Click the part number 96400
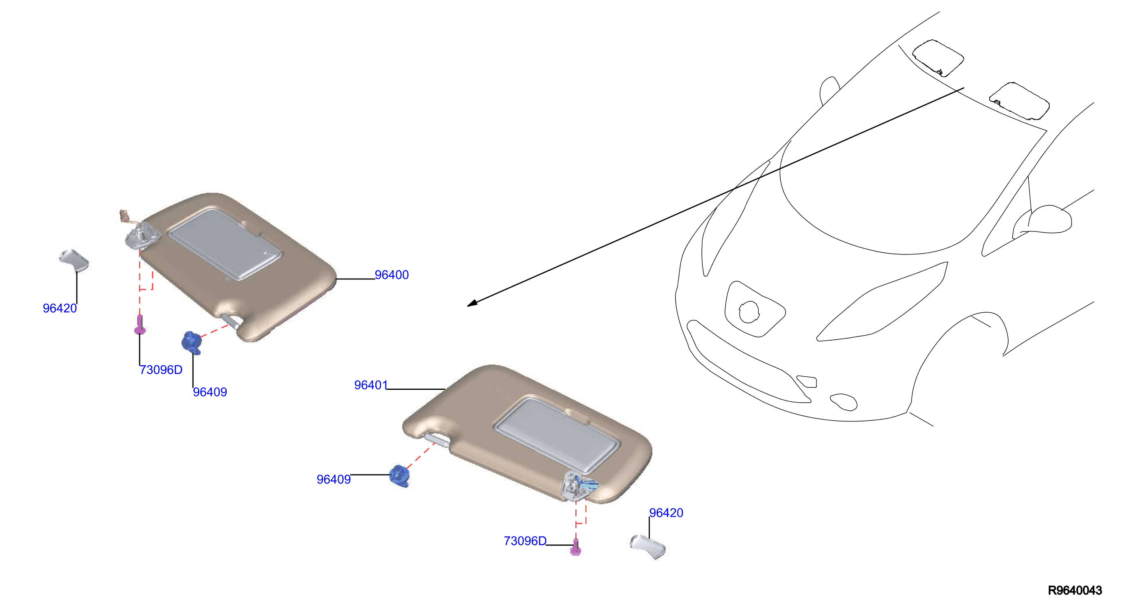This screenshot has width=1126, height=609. (392, 275)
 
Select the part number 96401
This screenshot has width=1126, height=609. (371, 385)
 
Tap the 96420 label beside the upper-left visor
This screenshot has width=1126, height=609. (60, 308)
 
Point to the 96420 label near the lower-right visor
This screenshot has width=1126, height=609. (666, 513)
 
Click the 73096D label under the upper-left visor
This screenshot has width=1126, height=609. (161, 370)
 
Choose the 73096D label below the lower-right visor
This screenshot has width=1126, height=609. (525, 541)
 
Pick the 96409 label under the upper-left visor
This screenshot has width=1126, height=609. (210, 392)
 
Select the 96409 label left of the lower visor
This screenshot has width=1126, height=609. (333, 479)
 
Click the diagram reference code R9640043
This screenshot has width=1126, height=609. (1075, 590)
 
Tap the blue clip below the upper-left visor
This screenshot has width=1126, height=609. (191, 342)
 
